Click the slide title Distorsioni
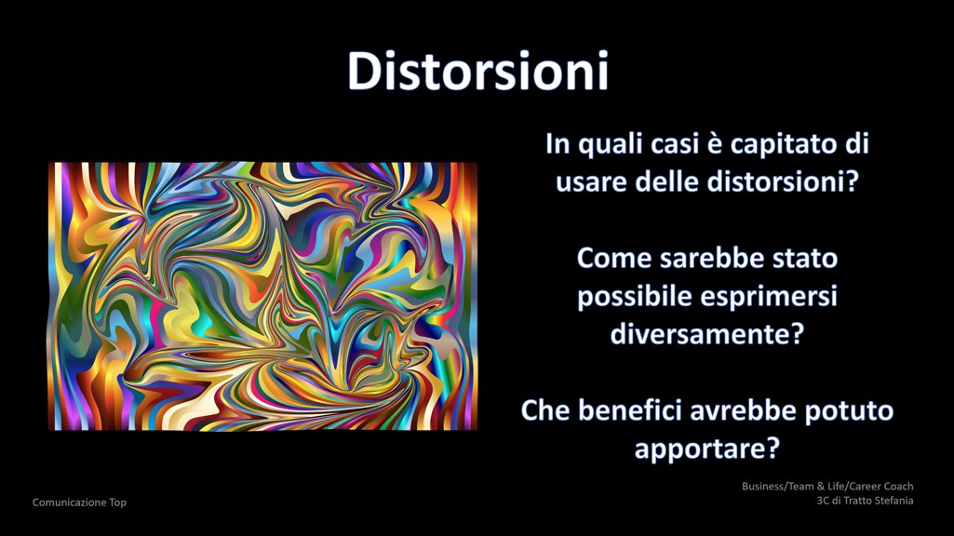[x=477, y=71]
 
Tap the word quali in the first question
[x=610, y=145]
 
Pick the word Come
[x=614, y=259]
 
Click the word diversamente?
[x=707, y=334]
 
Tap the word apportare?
[x=707, y=449]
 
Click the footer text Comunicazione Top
[x=80, y=502]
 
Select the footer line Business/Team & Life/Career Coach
[x=827, y=486]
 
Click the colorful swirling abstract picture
[x=262, y=296]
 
